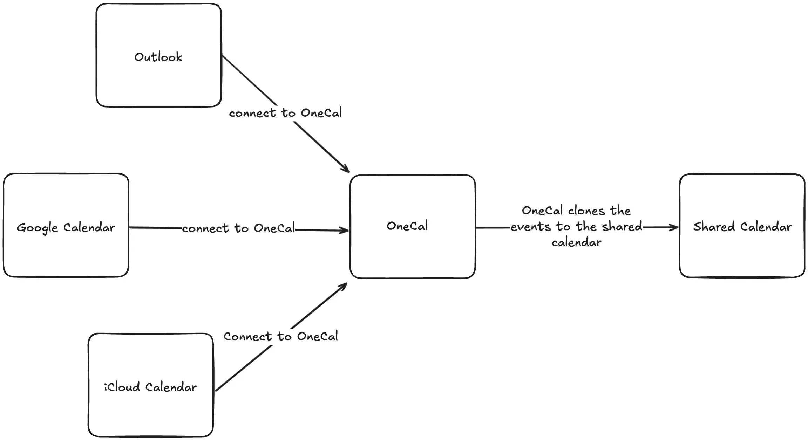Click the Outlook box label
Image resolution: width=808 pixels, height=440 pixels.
(158, 57)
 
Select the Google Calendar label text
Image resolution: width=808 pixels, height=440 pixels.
(66, 228)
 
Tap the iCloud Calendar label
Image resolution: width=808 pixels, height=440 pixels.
(150, 387)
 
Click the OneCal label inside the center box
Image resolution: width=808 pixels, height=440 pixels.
(407, 226)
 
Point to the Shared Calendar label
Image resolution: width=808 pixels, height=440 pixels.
(742, 227)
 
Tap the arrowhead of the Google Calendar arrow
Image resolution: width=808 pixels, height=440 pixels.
(344, 230)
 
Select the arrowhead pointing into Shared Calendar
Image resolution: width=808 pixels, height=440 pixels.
(674, 227)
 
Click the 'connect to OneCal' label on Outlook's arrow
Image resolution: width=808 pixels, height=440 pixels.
(285, 113)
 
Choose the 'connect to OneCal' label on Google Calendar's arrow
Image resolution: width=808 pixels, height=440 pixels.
(238, 228)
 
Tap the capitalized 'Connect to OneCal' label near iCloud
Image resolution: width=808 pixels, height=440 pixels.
(281, 336)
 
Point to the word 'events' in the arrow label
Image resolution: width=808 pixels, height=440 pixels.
(531, 227)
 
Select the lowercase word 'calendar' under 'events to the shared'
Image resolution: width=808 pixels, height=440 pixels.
(576, 242)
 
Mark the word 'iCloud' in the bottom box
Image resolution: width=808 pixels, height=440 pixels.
(122, 387)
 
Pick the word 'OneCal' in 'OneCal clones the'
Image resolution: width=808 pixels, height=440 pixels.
(542, 211)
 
